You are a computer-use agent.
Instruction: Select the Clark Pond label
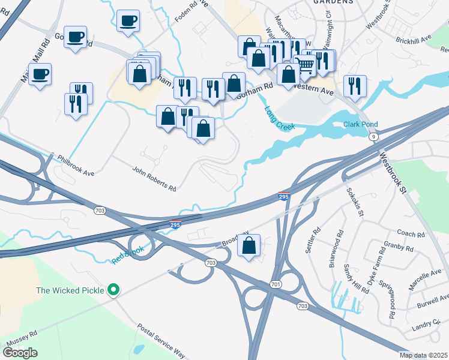(360, 125)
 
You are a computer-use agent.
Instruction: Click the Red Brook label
(127, 254)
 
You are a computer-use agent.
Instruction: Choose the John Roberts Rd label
(154, 179)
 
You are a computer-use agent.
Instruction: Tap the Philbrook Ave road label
(76, 166)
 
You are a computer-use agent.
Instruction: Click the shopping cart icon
(306, 64)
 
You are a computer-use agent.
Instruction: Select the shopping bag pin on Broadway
(249, 245)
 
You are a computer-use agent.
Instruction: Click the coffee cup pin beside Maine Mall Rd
(40, 74)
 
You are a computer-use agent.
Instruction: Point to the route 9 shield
(374, 137)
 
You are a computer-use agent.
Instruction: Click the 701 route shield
(275, 284)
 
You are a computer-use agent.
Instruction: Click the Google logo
(20, 352)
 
